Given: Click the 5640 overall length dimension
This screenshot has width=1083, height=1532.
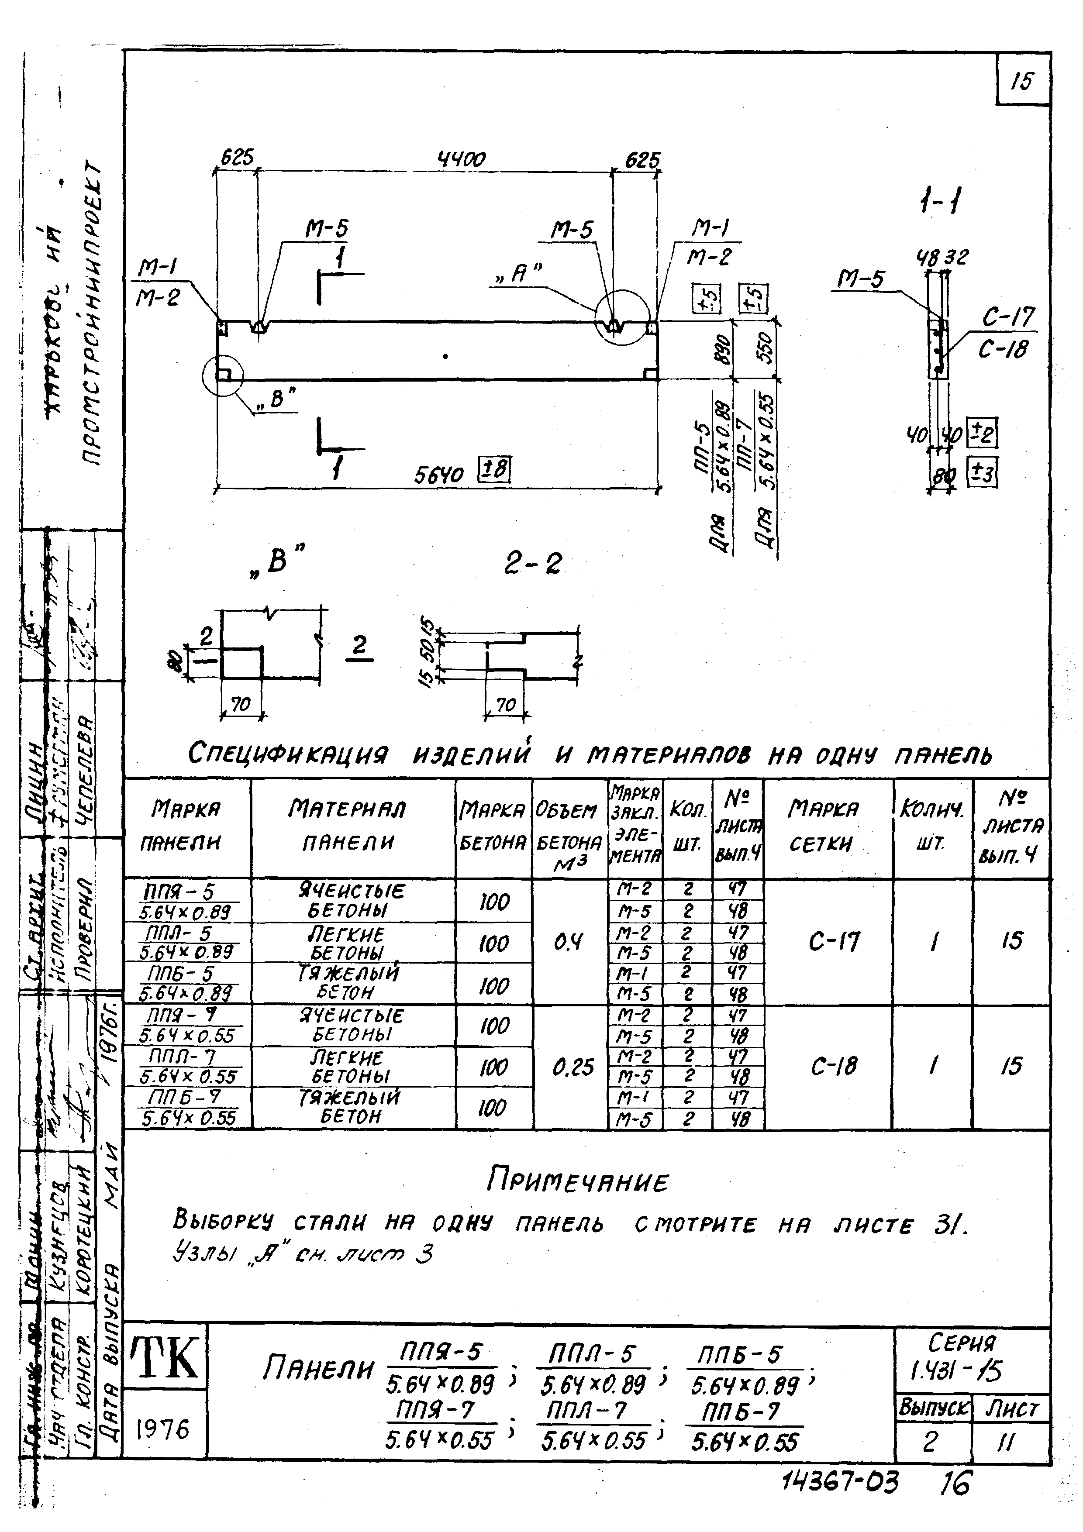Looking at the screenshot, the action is coord(438,475).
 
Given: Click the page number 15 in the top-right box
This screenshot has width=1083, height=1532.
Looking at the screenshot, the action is coord(1021,81).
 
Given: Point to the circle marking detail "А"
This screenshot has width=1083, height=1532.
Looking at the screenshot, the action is coord(622,316).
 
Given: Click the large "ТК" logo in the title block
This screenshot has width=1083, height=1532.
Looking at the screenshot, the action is coord(165,1359).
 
